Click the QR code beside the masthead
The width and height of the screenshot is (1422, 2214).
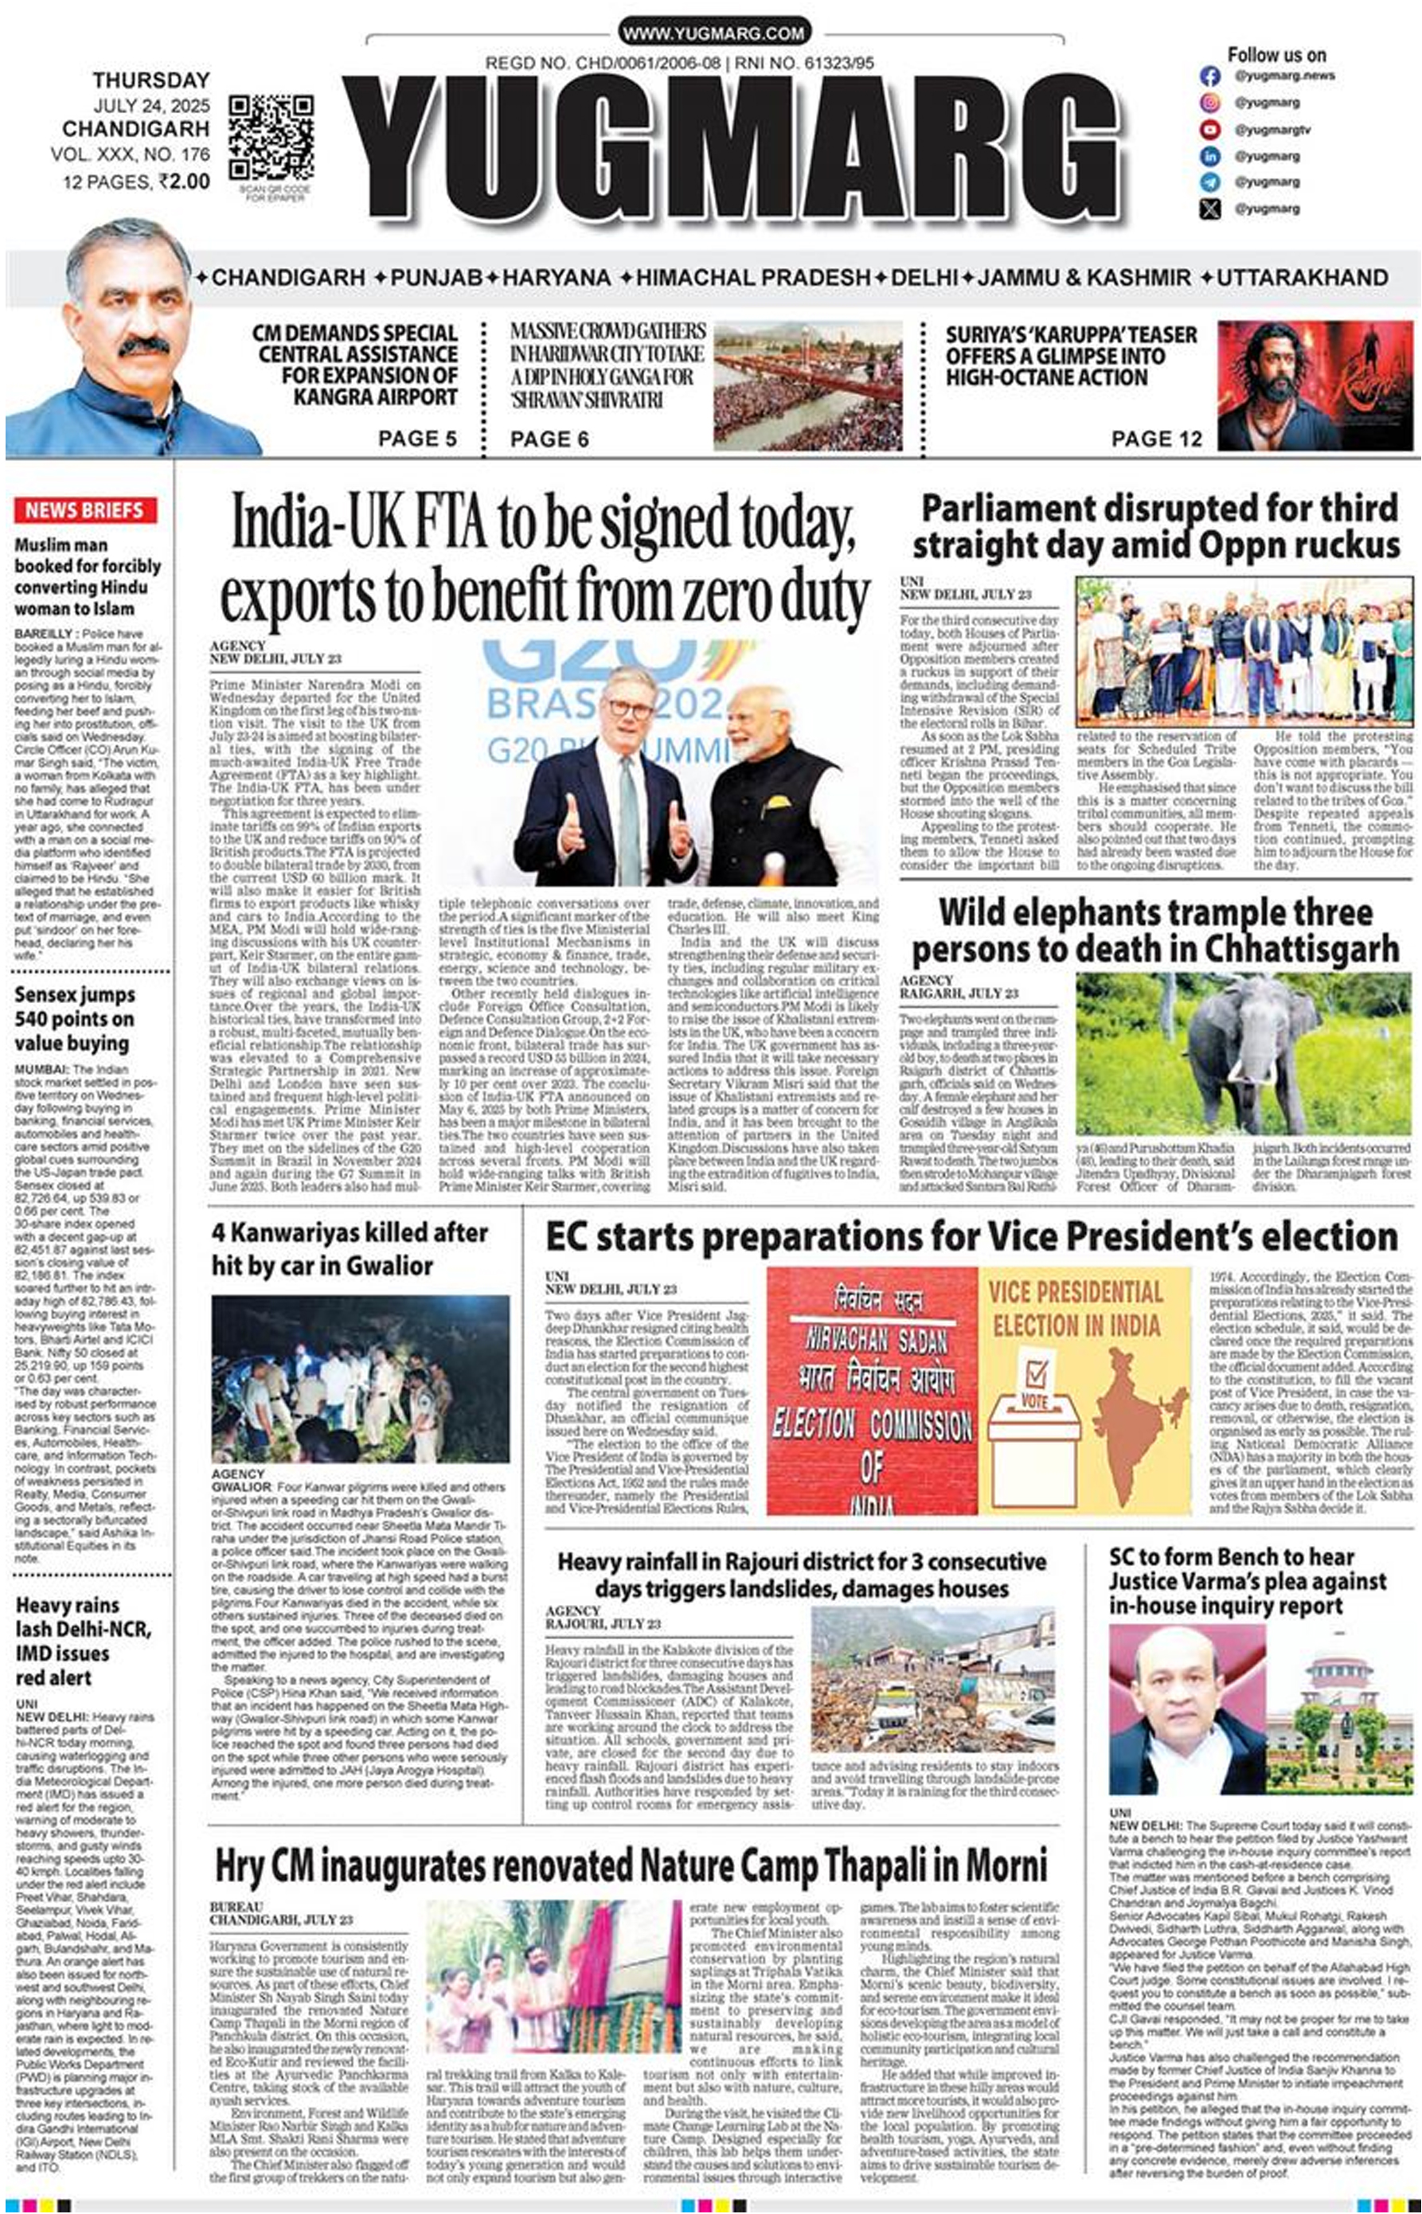point(271,137)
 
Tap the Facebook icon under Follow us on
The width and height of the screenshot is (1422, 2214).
point(1209,76)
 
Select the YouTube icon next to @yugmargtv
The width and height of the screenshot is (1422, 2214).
point(1209,129)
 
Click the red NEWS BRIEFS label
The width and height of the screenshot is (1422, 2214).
point(84,510)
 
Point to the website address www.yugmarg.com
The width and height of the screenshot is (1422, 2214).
point(713,33)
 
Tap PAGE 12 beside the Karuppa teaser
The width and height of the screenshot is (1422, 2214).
point(1156,439)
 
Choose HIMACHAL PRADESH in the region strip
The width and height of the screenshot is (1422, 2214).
point(752,277)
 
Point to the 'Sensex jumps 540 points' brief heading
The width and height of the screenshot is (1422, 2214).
point(74,1018)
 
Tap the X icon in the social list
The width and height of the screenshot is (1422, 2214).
point(1209,209)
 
